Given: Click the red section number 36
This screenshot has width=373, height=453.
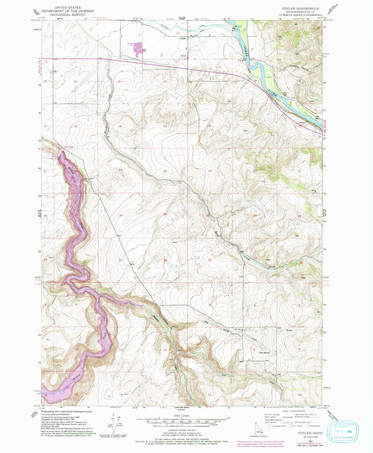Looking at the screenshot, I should point(165,260).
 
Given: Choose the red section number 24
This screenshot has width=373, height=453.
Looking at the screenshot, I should point(165,171).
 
